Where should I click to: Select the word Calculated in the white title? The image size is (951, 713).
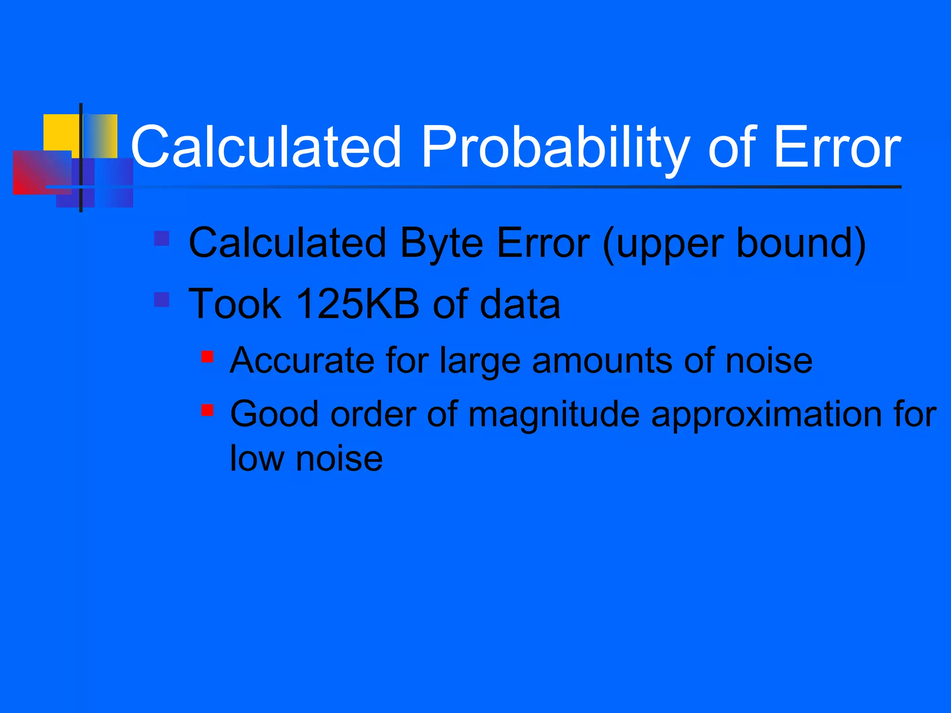266,148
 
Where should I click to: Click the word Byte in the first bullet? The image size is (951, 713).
441,243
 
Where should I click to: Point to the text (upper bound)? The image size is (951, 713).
734,243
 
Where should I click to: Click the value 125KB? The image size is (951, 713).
357,304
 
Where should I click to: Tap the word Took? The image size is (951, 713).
235,304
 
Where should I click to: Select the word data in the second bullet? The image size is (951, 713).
520,304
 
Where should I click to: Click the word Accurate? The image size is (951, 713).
302,360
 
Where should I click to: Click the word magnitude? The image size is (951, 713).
554,414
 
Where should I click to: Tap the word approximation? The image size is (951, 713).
764,414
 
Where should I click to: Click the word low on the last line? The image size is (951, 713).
257,459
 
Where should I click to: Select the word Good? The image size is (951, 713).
274,414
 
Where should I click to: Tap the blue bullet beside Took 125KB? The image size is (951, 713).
162,299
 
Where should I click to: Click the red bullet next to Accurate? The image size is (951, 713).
207,356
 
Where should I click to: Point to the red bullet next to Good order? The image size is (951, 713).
207,410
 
